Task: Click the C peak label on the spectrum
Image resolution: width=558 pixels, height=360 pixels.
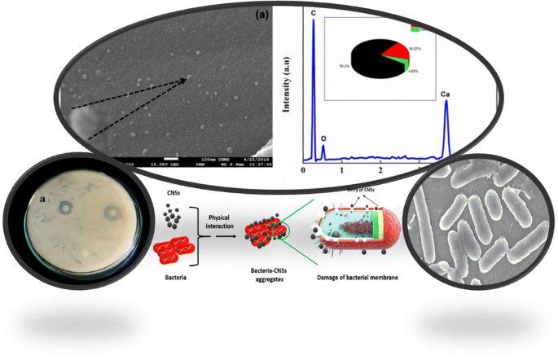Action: tap(314, 14)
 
